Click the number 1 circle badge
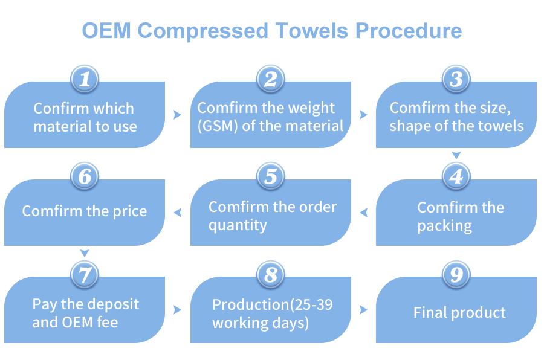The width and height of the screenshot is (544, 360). (85, 79)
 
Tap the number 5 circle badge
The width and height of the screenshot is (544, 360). (271, 176)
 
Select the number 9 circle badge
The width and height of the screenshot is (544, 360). (456, 275)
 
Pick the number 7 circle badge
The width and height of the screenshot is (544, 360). (85, 275)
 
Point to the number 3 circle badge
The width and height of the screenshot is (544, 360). (456, 79)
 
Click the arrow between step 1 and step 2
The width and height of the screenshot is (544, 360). (177, 115)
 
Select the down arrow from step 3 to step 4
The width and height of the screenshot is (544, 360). (456, 155)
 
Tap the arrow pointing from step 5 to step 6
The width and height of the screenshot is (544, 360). (177, 212)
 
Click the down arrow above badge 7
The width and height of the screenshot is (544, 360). (85, 253)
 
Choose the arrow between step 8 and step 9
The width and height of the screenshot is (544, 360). (363, 310)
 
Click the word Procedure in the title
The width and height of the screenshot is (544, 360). (409, 31)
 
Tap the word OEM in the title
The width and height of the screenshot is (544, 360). (106, 31)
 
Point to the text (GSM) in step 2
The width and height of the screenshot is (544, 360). (218, 126)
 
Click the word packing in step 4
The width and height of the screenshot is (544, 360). (444, 226)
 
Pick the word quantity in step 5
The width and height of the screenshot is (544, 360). (238, 226)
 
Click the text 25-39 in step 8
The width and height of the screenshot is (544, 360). (313, 305)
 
